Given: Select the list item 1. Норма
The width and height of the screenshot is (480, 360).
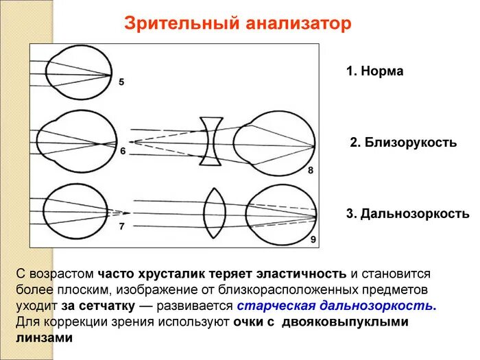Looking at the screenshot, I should (374, 71).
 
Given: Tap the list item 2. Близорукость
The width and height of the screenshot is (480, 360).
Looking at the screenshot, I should (403, 143).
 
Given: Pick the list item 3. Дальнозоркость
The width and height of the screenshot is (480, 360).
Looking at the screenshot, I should (407, 214).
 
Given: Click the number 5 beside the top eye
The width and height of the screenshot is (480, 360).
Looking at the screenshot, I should (122, 82).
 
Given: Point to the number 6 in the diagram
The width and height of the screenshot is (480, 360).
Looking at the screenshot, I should (123, 151).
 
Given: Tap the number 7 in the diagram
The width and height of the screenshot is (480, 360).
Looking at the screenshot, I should (122, 226).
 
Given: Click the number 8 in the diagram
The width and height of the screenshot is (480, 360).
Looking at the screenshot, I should (311, 170).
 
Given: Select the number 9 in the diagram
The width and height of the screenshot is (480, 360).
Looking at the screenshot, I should (313, 239).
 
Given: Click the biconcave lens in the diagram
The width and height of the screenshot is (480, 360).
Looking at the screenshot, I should (211, 141).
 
